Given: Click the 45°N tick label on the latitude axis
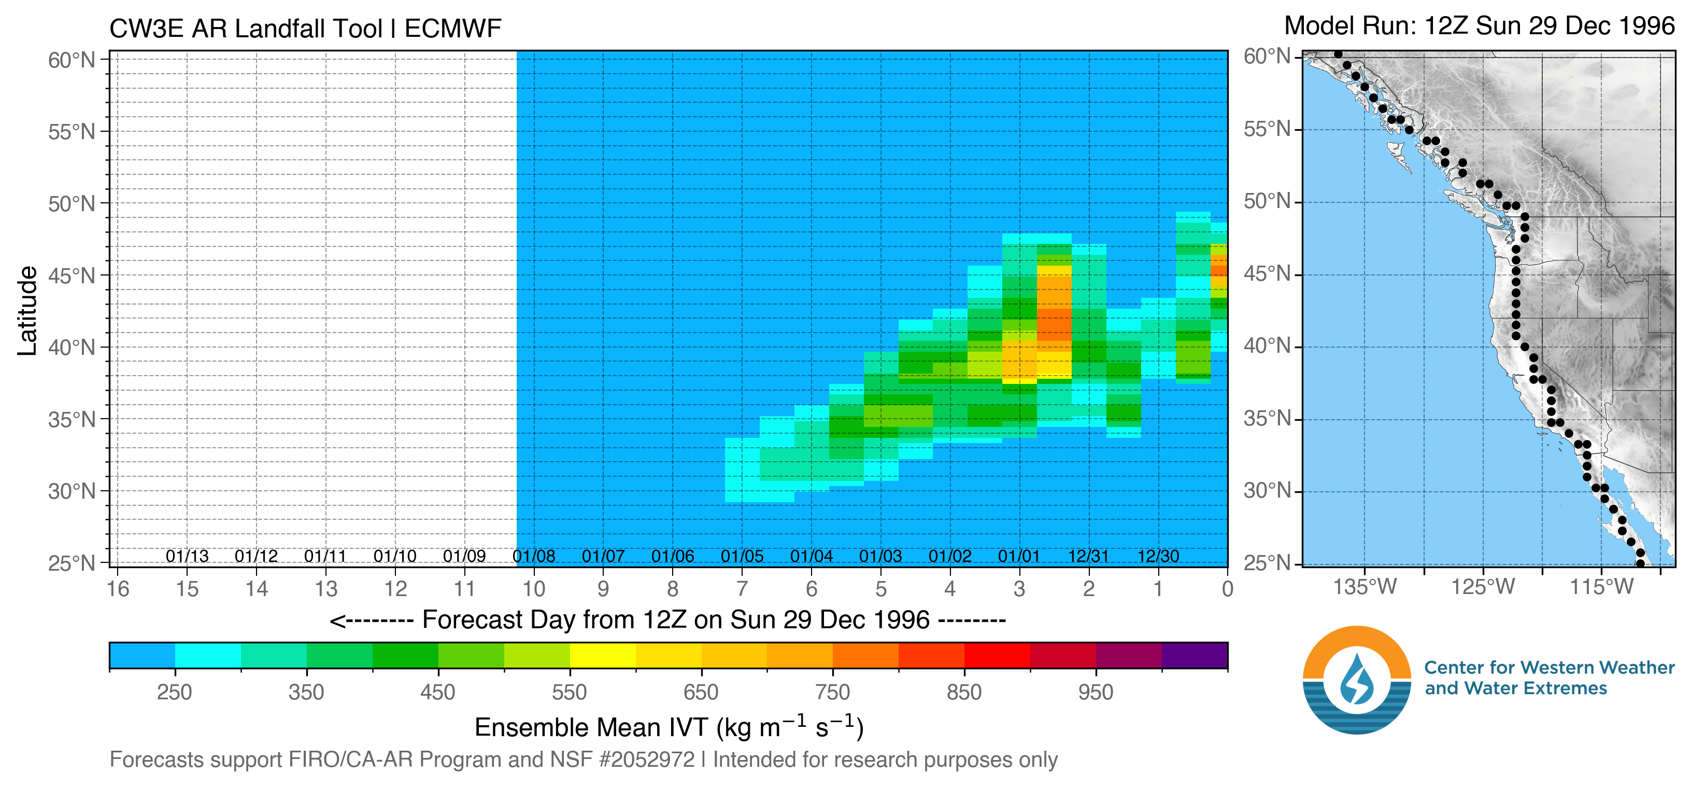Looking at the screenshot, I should click(x=72, y=276).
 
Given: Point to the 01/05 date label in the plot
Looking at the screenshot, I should click(x=742, y=557).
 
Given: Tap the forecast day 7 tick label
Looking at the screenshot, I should click(x=742, y=589).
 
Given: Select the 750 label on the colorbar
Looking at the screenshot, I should click(x=832, y=693).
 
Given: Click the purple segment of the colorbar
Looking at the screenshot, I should click(x=1194, y=656).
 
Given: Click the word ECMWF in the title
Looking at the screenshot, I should click(x=452, y=29).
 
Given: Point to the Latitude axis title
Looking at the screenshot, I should click(x=27, y=311).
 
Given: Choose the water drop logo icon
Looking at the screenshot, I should click(x=1357, y=680).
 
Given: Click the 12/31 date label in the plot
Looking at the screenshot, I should click(x=1088, y=557).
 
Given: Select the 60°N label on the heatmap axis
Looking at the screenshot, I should click(x=72, y=60).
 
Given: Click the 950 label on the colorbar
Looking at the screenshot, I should click(x=1096, y=693).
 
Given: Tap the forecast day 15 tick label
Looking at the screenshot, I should click(x=187, y=589).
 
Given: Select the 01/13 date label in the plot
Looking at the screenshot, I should click(x=187, y=557).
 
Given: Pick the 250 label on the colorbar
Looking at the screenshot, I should click(x=175, y=693).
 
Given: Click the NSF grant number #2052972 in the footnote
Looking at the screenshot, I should click(x=647, y=760).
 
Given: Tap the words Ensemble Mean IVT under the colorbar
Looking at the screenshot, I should click(x=591, y=728).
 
